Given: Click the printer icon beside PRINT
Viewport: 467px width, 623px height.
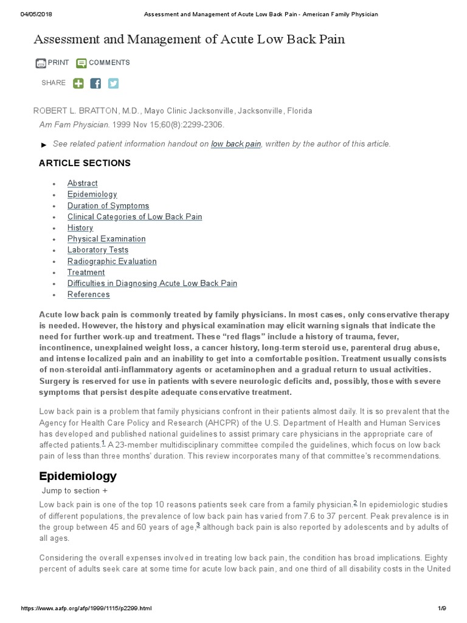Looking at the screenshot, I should click(x=41, y=63).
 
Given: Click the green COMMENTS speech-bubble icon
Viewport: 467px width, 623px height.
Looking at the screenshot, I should click(x=81, y=63).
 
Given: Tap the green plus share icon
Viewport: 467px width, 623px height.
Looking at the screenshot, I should click(x=78, y=83).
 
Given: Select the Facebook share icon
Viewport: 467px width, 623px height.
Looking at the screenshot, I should click(x=95, y=83).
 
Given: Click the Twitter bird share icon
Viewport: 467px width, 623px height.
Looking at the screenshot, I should click(x=113, y=83).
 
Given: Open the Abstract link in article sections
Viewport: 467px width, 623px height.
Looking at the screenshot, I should click(x=82, y=183).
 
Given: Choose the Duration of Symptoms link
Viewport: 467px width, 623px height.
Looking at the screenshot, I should click(x=108, y=206).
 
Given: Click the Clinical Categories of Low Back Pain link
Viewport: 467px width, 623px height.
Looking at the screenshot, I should click(x=134, y=217).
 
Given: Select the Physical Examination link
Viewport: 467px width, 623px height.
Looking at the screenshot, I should click(x=106, y=239).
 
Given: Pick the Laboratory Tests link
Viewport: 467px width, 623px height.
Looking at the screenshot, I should click(x=97, y=250).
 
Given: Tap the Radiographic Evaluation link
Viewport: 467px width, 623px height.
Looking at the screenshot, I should click(x=112, y=262).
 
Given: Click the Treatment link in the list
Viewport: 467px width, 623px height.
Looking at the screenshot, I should click(x=86, y=273).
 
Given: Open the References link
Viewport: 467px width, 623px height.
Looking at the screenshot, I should click(x=88, y=294).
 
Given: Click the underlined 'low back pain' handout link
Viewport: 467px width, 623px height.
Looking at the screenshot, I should click(x=236, y=144).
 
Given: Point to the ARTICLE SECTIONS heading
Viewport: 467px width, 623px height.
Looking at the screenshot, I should click(x=85, y=163).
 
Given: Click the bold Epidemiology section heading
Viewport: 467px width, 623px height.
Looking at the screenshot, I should click(x=78, y=476).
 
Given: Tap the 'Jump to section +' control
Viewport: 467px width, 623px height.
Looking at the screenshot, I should click(x=75, y=491).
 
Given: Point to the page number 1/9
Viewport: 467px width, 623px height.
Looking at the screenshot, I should click(x=441, y=608).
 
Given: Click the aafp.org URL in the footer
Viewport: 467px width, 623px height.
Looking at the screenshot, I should click(x=86, y=608).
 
